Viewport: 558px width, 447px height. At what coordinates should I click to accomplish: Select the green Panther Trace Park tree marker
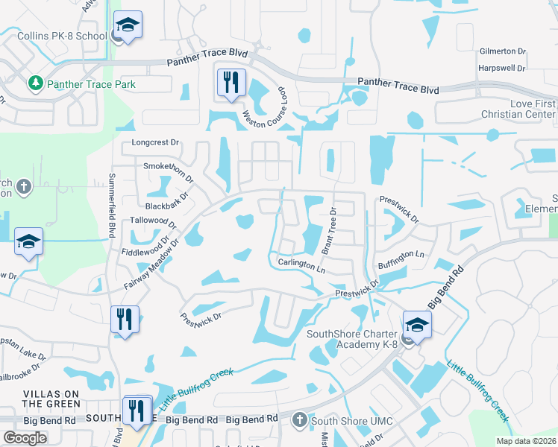tap(34, 84)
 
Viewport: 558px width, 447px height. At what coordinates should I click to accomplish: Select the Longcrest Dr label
tap(156, 142)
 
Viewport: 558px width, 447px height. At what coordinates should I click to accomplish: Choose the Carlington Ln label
tap(302, 264)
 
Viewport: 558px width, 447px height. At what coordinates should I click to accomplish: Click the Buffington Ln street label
tap(401, 255)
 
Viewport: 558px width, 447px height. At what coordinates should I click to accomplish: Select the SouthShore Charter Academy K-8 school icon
tap(417, 324)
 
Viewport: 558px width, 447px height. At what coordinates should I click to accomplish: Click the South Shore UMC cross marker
tap(300, 420)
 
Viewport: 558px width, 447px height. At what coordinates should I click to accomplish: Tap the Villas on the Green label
tap(51, 399)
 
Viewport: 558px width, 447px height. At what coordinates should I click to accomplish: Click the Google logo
tap(25, 438)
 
